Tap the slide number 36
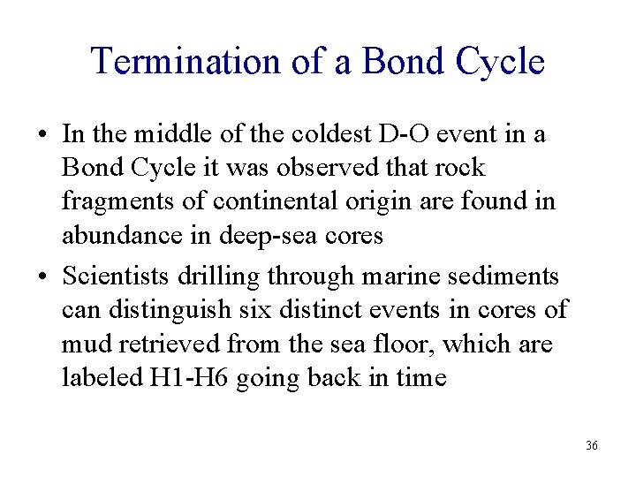591,445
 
